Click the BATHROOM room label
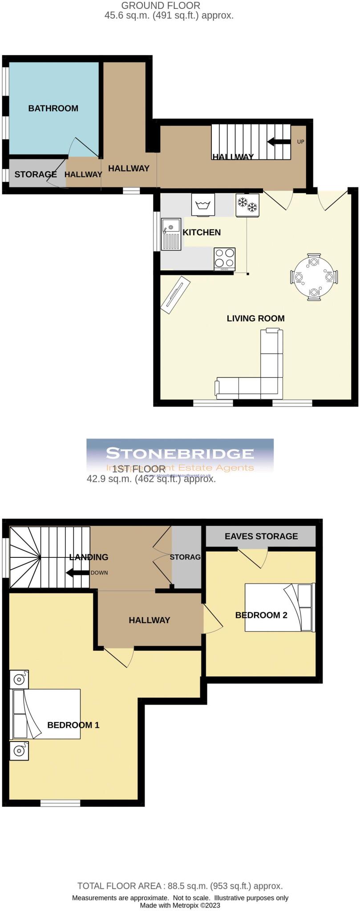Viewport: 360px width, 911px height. (x=53, y=108)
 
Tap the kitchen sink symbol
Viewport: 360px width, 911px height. (x=171, y=234)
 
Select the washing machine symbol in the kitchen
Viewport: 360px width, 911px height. (x=203, y=205)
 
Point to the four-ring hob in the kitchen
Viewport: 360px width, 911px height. (x=224, y=258)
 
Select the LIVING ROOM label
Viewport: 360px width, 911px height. (x=255, y=318)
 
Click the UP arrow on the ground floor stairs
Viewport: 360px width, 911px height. (x=277, y=142)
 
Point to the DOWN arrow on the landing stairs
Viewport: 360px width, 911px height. (x=76, y=572)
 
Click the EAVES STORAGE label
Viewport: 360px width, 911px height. (x=261, y=536)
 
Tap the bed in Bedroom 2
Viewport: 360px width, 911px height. (x=279, y=607)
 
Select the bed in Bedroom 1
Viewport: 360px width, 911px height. (x=45, y=713)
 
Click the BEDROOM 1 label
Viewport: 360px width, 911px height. (x=73, y=725)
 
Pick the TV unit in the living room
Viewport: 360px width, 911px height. (x=176, y=294)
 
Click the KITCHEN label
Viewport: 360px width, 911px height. (x=202, y=232)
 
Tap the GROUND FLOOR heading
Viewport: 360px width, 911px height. (x=161, y=6)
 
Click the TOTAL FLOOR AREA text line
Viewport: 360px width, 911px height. (x=180, y=886)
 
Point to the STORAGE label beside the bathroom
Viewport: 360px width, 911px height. (x=35, y=174)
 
